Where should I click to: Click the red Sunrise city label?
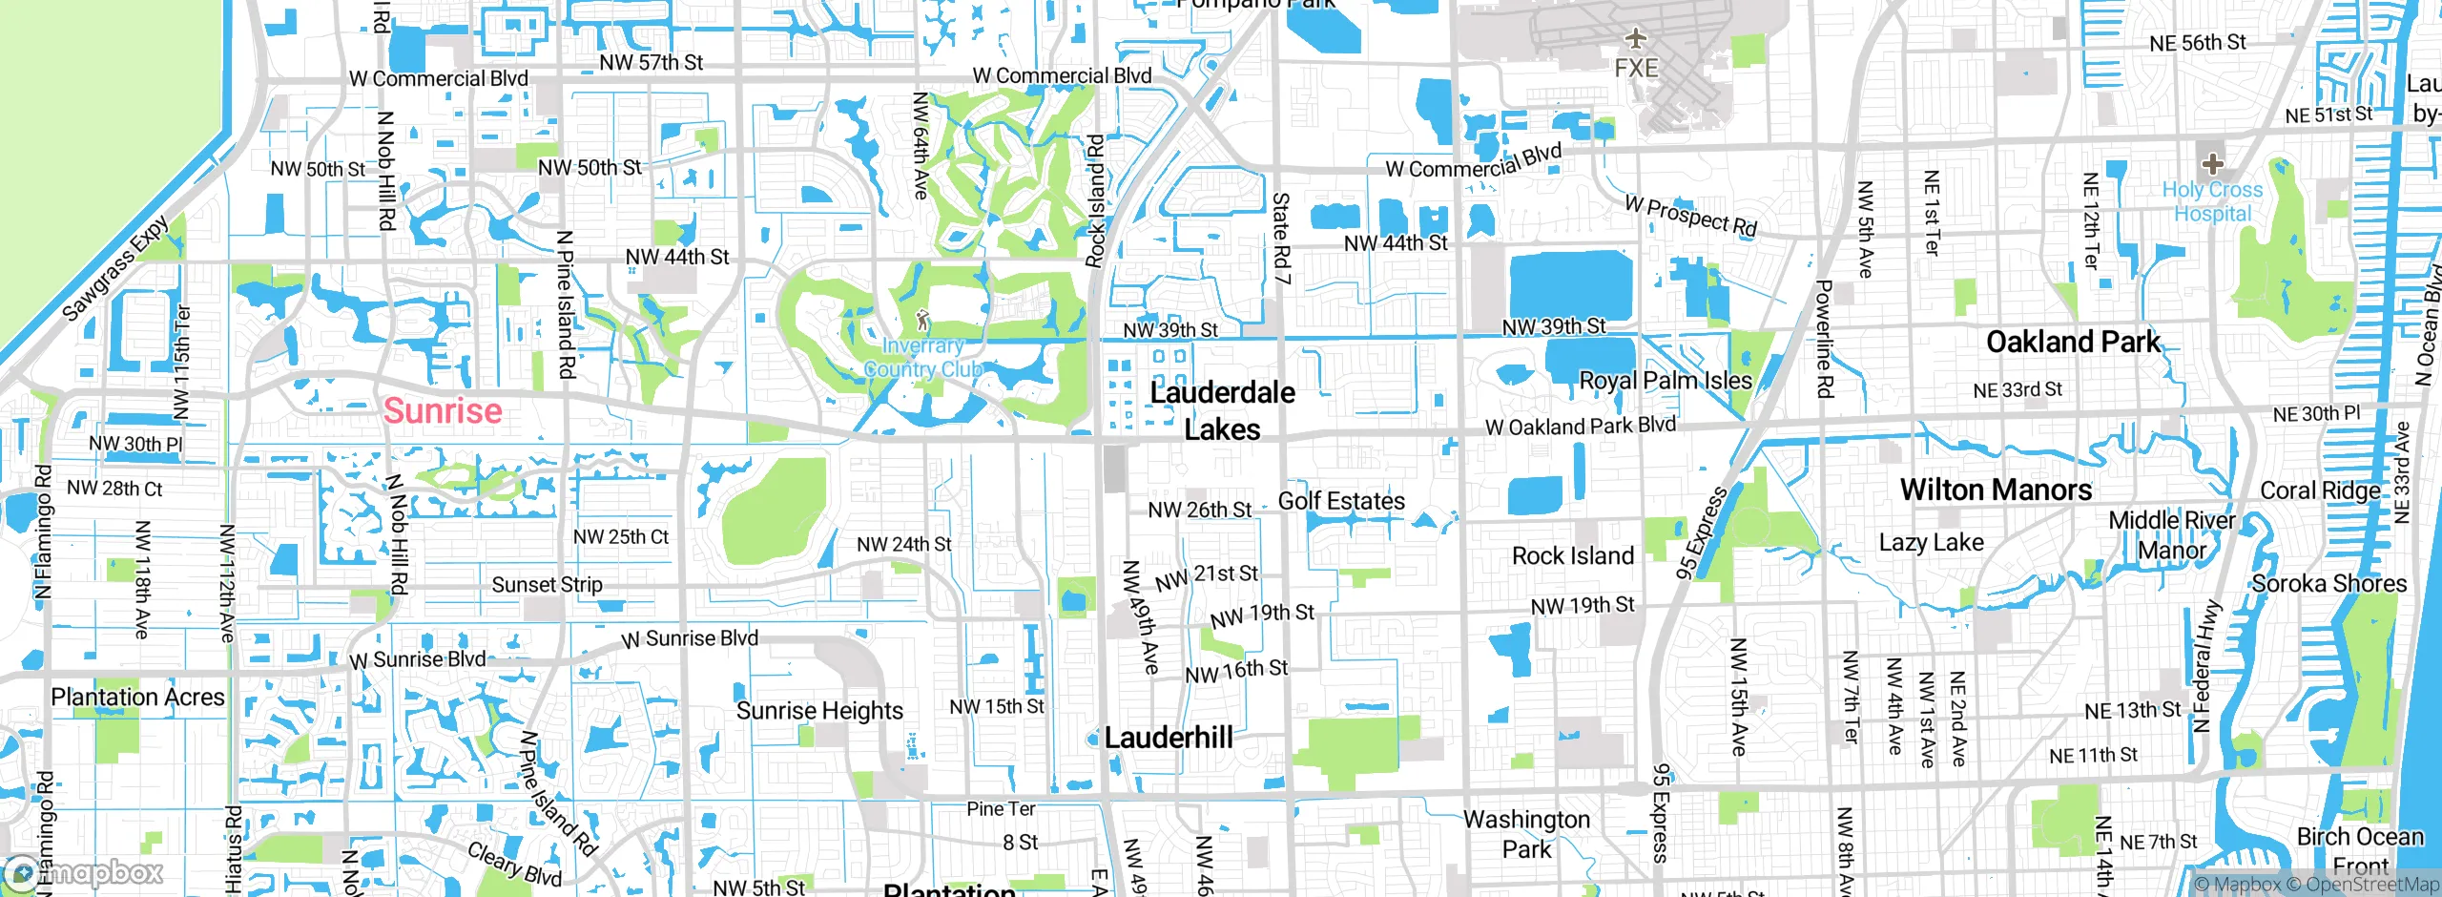click(443, 411)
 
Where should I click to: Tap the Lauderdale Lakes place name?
click(1222, 410)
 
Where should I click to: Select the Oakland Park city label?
click(2073, 342)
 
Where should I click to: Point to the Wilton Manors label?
click(1996, 490)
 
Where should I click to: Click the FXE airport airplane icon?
click(1636, 38)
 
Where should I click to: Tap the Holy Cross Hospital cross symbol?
click(2212, 163)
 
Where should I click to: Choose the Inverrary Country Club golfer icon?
click(922, 320)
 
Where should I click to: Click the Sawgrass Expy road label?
click(115, 268)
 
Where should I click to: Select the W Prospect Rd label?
click(1690, 216)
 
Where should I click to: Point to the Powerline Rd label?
click(1824, 339)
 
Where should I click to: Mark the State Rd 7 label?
click(1281, 239)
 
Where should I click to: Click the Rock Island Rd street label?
click(1095, 200)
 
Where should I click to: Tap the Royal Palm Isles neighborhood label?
click(1666, 381)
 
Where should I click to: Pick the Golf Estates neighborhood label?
click(1341, 501)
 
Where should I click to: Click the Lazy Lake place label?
click(1931, 543)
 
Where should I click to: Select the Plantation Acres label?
click(137, 698)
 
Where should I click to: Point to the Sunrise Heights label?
click(819, 711)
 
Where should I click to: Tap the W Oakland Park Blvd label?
click(1580, 426)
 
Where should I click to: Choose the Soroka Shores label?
click(2328, 584)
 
